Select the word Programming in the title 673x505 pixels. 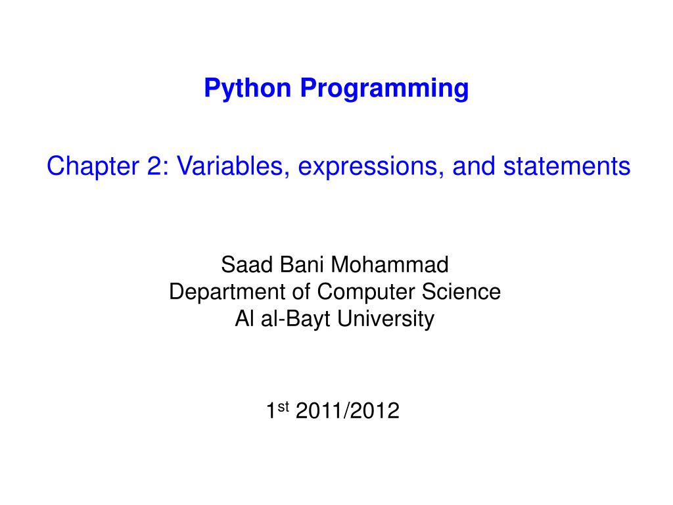385,88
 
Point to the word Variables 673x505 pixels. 230,167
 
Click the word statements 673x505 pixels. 567,167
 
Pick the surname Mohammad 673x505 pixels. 389,266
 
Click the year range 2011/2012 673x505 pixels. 348,412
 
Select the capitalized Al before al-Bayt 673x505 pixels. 243,319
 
